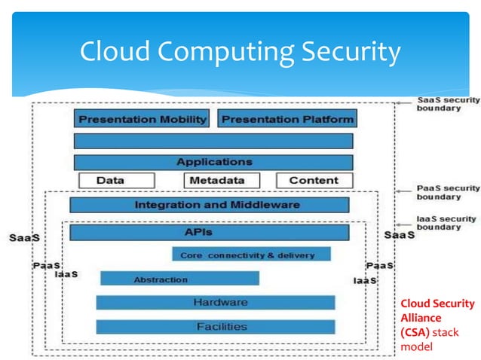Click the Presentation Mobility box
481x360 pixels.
pos(143,119)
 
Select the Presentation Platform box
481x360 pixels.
pos(286,119)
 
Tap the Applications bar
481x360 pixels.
pos(213,162)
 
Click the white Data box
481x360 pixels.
pos(116,181)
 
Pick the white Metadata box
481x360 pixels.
pos(222,181)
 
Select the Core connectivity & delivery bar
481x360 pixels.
pos(251,255)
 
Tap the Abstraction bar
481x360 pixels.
pos(179,279)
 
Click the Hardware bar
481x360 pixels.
pos(216,303)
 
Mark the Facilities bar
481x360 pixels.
pos(216,327)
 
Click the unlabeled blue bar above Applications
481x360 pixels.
pos(213,141)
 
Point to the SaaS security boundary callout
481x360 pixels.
pos(448,104)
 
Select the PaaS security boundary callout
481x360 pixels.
pos(448,192)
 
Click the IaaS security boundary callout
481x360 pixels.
pos(448,222)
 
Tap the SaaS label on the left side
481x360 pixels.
pos(24,237)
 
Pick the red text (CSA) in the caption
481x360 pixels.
pos(415,331)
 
